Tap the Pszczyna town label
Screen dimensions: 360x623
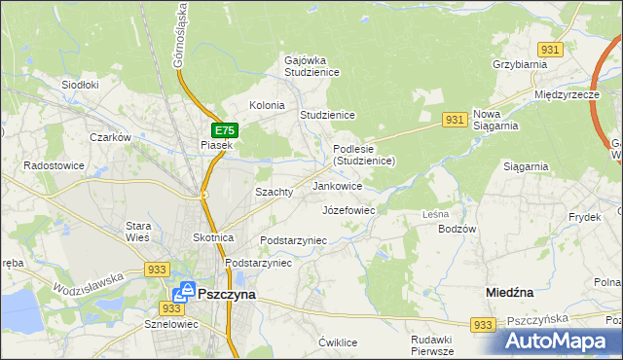226,293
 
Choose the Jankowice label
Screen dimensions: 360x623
337,185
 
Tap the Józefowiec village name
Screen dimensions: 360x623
348,209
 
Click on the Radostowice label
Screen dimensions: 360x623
56,165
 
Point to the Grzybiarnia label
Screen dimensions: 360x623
520,64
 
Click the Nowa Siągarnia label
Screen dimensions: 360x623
495,120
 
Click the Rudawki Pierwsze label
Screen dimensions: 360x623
432,345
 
